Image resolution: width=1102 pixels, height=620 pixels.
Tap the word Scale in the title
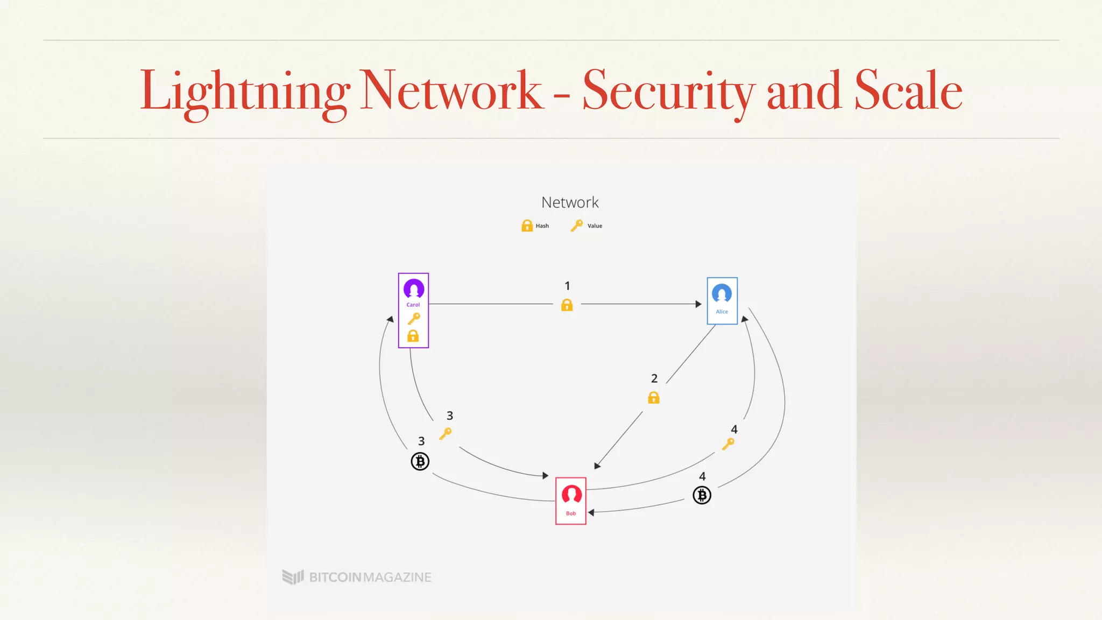908,90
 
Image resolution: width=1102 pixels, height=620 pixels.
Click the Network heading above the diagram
570,202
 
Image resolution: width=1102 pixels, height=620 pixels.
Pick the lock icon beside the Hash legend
527,226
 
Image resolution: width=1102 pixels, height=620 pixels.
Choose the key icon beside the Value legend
576,226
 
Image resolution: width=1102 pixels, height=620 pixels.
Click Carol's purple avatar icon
414,289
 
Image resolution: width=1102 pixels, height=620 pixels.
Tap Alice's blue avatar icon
722,293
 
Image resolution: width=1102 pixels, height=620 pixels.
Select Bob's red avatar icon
571,494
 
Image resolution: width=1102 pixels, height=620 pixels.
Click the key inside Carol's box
414,319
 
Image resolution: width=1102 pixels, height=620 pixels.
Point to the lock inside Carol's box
413,336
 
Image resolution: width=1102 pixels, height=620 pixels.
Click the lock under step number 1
567,305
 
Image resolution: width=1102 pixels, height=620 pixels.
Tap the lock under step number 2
654,398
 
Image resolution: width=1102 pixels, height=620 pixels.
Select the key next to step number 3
446,433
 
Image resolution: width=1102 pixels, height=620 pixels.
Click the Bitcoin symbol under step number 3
420,462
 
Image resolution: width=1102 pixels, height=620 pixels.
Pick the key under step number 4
728,444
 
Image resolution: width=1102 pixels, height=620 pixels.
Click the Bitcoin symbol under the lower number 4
702,495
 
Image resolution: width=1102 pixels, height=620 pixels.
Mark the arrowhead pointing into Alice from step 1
698,304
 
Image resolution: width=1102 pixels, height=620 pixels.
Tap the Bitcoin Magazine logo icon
293,577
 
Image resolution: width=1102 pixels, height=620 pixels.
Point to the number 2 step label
654,378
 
